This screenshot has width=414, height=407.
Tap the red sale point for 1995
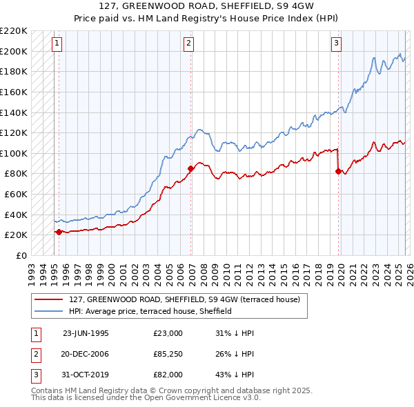point(59,232)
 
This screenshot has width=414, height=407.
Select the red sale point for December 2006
point(190,168)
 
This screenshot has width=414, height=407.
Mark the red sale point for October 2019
point(338,171)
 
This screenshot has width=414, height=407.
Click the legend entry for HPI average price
point(150,312)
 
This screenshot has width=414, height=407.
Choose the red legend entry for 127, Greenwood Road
point(184,300)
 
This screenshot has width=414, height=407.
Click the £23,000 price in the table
point(168,333)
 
